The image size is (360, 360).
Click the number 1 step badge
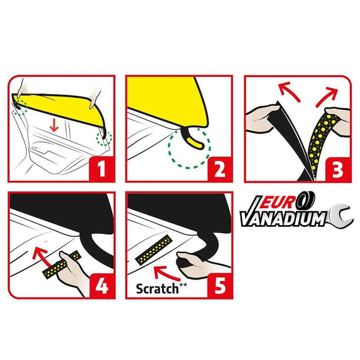[x=102, y=169]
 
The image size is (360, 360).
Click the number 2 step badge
[x=220, y=169]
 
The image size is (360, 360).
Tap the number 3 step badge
[x=337, y=169]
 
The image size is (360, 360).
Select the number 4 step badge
[x=102, y=286]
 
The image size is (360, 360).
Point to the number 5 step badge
[x=220, y=286]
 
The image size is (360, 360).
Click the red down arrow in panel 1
[x=54, y=125]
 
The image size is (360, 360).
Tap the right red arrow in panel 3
[x=327, y=98]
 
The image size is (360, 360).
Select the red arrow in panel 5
[x=166, y=273]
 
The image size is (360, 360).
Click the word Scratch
[x=157, y=289]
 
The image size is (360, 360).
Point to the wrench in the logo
[x=340, y=215]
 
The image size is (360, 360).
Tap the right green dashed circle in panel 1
[x=104, y=138]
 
